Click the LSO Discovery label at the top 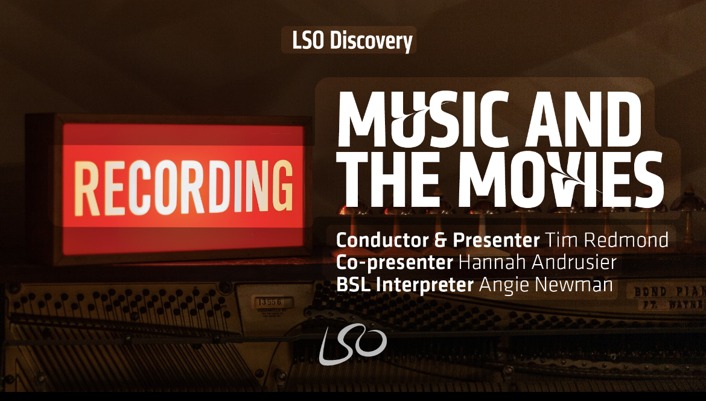coord(352,40)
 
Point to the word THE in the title coord(389,179)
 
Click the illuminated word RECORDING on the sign coord(183,187)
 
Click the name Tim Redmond coord(606,240)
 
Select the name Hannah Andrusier coord(537,262)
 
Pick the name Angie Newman coord(545,285)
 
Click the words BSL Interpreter coord(405,285)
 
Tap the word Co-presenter coord(395,262)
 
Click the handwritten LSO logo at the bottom coord(352,344)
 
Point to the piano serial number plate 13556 coord(269,302)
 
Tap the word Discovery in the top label coord(371,40)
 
